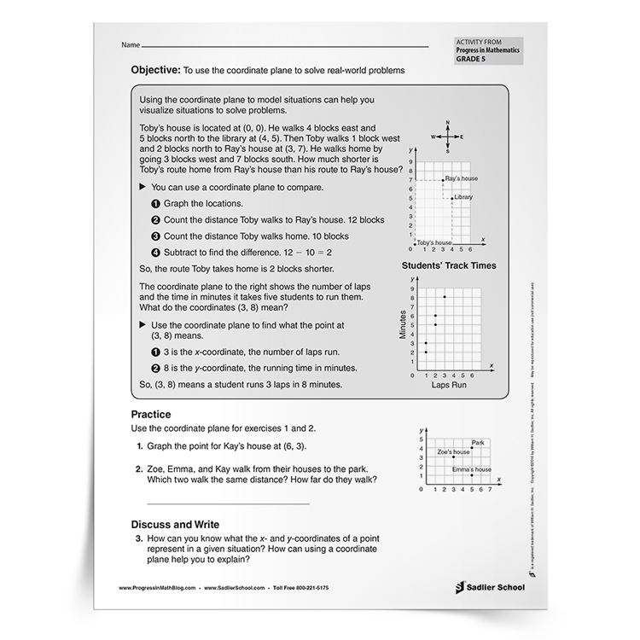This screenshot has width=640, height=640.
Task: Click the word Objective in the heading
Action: pyautogui.click(x=156, y=70)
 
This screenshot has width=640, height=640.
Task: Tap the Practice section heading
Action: pyautogui.click(x=151, y=414)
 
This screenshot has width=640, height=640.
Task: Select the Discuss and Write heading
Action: pyautogui.click(x=175, y=523)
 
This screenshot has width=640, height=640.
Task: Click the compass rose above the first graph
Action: pyautogui.click(x=447, y=137)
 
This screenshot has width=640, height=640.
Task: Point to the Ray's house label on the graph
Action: pyautogui.click(x=459, y=178)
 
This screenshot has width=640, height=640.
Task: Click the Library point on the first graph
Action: pyautogui.click(x=451, y=198)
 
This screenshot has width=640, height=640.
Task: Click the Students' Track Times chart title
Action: pyautogui.click(x=448, y=265)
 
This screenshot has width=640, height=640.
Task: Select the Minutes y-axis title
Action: pyautogui.click(x=404, y=324)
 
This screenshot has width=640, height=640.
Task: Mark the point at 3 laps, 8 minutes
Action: pyautogui.click(x=445, y=296)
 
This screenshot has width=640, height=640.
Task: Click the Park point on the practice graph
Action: pyautogui.click(x=471, y=447)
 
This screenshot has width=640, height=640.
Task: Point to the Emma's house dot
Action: pyautogui.click(x=471, y=474)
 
